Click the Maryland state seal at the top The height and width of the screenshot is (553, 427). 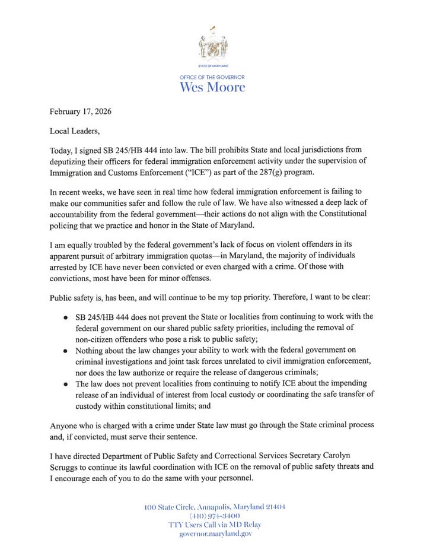(x=212, y=45)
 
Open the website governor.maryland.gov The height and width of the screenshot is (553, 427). (x=215, y=534)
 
